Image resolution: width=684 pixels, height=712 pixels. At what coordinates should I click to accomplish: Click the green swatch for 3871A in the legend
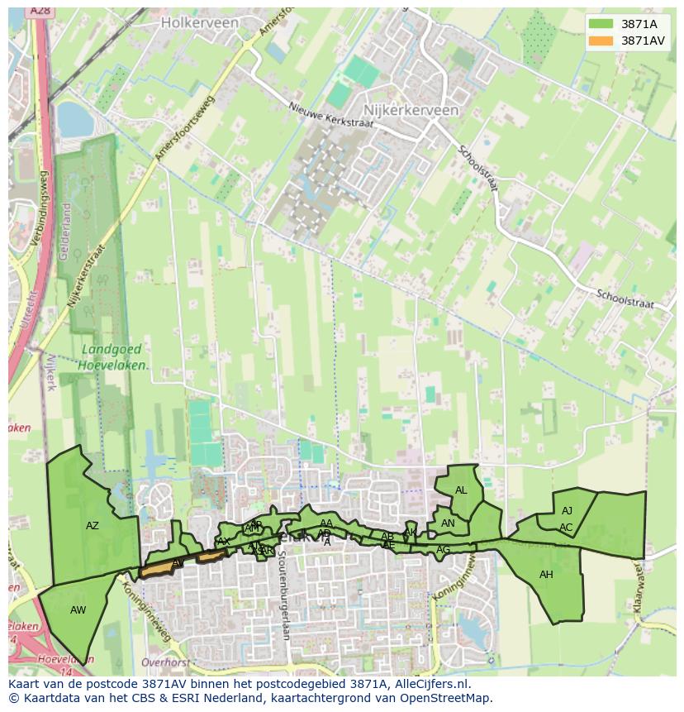[602, 24]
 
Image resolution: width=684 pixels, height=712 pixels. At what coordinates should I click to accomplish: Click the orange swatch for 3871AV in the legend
[602, 41]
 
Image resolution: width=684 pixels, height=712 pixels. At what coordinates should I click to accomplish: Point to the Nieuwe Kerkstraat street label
[330, 115]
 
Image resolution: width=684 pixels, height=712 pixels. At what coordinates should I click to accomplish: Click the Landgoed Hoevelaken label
[115, 356]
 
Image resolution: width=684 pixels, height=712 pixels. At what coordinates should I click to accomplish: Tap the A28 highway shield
[38, 11]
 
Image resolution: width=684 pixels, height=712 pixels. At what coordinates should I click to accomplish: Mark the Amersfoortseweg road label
[183, 128]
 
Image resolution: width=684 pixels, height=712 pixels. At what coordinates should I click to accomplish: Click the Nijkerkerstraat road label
[88, 277]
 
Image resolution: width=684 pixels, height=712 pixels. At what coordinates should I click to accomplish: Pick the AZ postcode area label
[93, 526]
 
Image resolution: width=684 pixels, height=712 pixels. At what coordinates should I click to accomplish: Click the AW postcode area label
[78, 610]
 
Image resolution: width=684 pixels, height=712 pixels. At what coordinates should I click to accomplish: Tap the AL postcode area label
[461, 490]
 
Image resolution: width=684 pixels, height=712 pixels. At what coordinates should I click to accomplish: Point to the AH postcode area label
[546, 575]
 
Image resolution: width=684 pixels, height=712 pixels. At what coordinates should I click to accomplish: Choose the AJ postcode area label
[567, 511]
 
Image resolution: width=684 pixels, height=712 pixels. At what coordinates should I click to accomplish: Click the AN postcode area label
[448, 523]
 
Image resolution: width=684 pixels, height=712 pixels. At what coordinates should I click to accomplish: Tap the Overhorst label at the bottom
[165, 662]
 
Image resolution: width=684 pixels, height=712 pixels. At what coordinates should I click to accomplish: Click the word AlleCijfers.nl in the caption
[430, 685]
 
